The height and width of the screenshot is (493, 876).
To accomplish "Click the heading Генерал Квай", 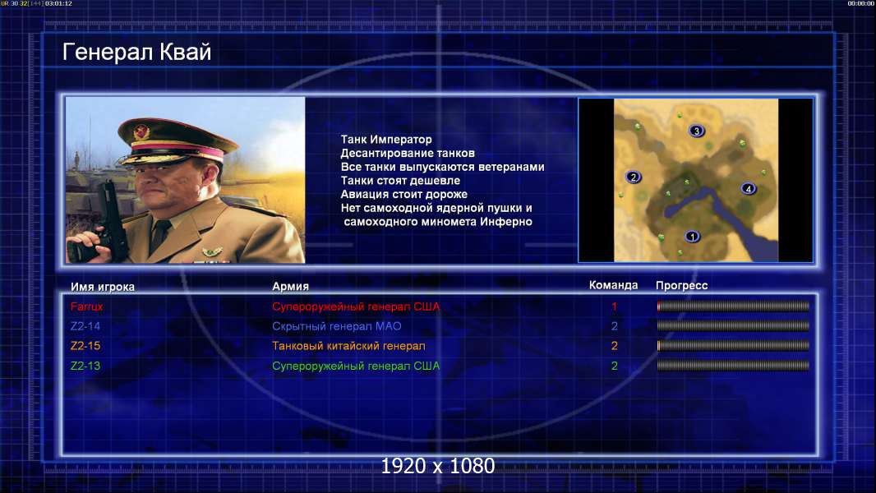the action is [136, 52].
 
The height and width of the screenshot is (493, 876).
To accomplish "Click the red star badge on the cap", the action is [141, 131].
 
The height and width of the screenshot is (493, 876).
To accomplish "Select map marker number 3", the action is [696, 131].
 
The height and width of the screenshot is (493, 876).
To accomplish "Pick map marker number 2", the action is [633, 177].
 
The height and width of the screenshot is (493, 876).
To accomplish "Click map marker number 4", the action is [748, 189].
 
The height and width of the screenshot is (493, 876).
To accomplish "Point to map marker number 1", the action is [692, 237].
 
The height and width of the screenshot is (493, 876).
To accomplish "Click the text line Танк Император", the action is [386, 140].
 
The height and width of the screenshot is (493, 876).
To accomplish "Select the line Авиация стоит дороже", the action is [404, 194].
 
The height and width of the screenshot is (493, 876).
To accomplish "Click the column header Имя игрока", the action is [102, 287].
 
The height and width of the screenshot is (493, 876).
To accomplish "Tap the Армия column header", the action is [291, 287].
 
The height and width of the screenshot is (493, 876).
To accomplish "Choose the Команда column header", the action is [613, 285].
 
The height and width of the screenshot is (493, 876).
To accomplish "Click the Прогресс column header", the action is [681, 286].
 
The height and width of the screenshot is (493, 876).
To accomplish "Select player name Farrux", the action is [86, 306].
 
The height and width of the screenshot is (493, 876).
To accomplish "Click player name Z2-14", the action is [85, 326].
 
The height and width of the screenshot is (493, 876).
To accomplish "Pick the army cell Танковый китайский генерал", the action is [348, 346].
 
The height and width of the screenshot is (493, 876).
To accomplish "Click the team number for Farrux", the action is [614, 306].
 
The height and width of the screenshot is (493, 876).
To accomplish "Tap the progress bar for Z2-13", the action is [733, 366].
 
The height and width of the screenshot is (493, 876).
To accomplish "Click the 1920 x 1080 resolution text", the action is [437, 466].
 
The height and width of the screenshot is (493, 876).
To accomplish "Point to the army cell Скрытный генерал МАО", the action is [337, 327].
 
